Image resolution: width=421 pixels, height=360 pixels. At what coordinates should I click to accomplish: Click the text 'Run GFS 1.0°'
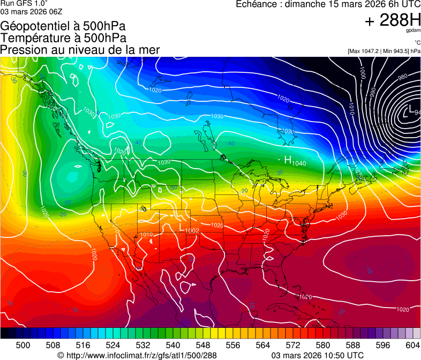(x=24, y=4)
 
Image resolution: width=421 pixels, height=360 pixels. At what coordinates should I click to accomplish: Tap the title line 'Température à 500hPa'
(x=63, y=37)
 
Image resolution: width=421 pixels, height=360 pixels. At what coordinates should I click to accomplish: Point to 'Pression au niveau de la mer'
(x=80, y=50)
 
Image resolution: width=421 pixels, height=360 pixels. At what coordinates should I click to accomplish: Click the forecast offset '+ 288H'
(x=393, y=20)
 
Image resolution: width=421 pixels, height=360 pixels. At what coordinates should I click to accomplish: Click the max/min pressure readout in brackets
(x=384, y=51)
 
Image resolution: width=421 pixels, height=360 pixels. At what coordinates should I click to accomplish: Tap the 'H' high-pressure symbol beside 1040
(x=288, y=160)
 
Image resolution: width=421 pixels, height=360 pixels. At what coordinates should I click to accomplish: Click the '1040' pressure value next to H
(x=299, y=162)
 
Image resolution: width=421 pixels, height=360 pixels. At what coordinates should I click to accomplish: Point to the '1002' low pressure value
(x=192, y=230)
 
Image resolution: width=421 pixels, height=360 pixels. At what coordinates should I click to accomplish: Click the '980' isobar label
(x=402, y=78)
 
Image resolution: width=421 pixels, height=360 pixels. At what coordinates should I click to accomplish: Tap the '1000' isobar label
(x=363, y=72)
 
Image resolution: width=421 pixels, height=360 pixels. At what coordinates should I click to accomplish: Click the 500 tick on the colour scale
(x=23, y=344)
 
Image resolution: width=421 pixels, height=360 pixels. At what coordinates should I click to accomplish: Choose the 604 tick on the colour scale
(x=413, y=344)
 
